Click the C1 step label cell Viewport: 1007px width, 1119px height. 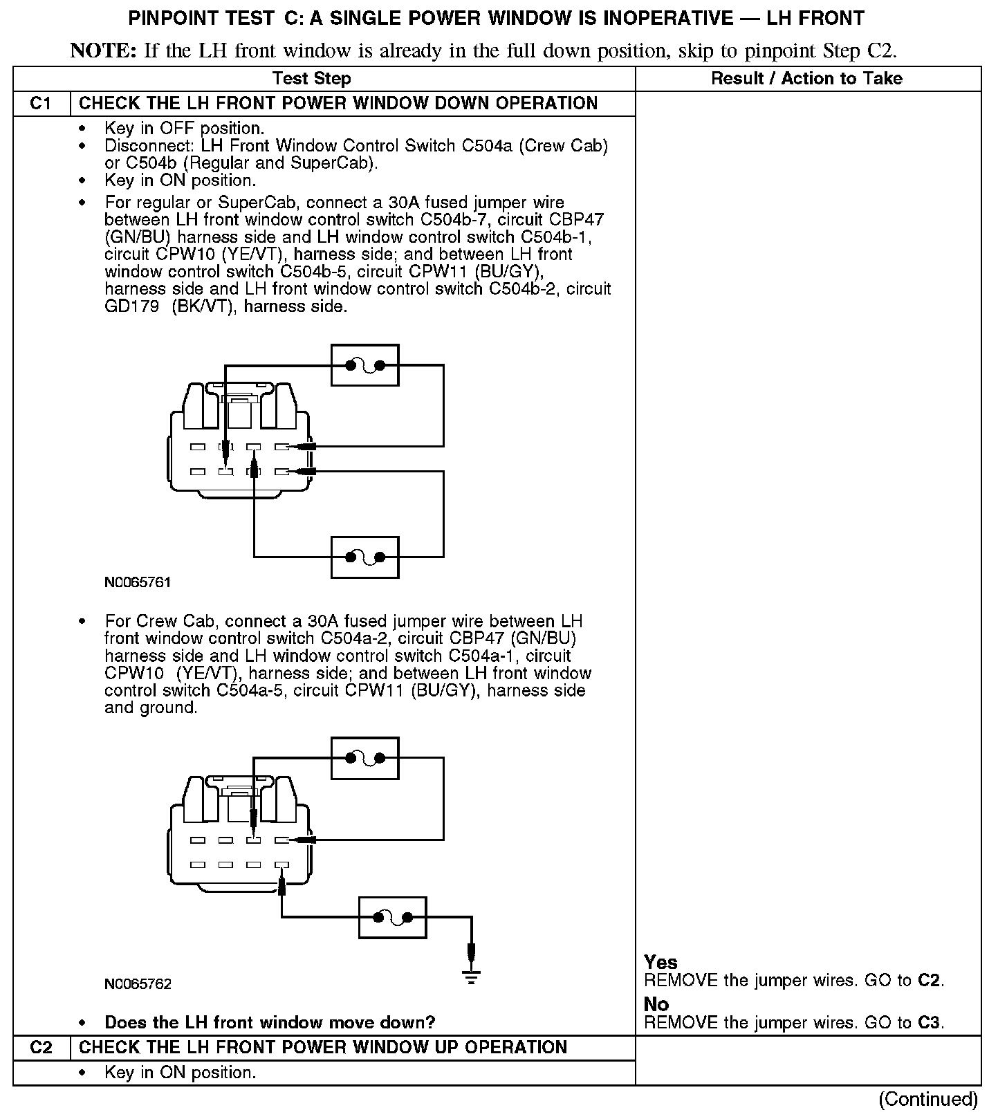click(x=41, y=104)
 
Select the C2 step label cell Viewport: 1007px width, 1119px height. click(x=41, y=1047)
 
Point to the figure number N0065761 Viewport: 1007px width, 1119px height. click(x=138, y=582)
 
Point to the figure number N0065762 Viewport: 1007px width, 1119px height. click(x=138, y=983)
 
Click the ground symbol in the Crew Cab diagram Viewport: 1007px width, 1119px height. click(x=471, y=977)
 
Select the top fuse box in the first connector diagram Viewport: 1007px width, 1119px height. click(x=364, y=365)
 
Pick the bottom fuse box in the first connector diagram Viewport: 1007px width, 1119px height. click(x=364, y=557)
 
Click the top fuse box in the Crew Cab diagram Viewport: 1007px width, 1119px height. click(x=364, y=759)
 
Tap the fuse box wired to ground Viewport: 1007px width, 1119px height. click(x=392, y=918)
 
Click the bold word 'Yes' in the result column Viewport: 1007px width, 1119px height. click(x=660, y=962)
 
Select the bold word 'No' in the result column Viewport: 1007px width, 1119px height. click(x=656, y=1004)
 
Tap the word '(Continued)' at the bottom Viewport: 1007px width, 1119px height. click(x=927, y=1099)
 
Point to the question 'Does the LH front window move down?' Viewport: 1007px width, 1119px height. click(x=270, y=1022)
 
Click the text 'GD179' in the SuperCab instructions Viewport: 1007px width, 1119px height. click(x=131, y=306)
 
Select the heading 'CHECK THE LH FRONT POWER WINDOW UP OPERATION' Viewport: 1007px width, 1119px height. click(x=323, y=1047)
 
